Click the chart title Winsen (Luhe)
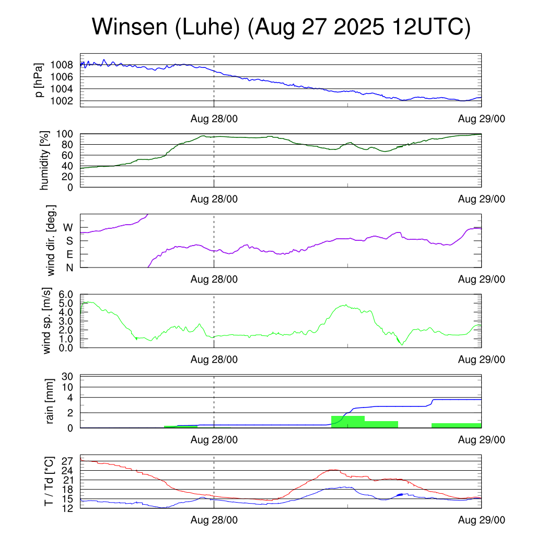281,27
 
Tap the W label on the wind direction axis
68,228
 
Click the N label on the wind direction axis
69,267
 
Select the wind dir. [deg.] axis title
51,241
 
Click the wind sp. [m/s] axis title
47,321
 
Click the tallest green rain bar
347,422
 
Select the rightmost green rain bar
456,425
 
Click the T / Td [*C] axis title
48,482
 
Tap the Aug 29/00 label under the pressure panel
481,119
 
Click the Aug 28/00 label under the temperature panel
214,520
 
